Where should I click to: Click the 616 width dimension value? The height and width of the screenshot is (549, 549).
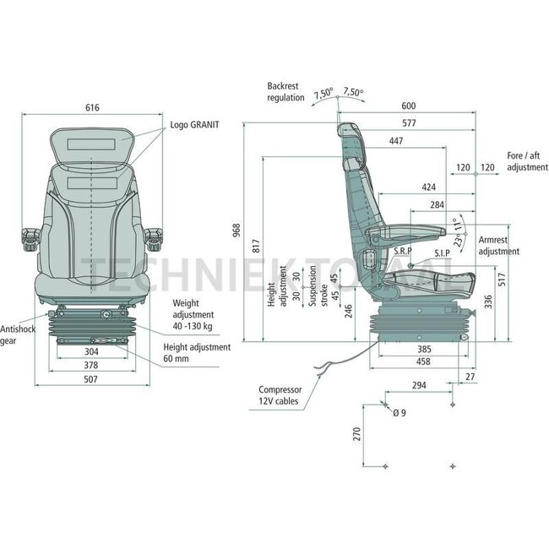92,107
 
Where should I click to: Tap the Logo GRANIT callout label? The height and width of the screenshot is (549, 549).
193,124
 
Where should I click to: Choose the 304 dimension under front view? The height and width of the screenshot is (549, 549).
92,351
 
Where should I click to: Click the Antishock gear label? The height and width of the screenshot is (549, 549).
18,335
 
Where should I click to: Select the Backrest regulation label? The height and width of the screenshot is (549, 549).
285,92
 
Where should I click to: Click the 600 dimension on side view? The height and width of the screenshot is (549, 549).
408,106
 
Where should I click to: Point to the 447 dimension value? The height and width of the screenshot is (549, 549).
395,142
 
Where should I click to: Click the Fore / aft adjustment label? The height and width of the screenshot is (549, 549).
528,161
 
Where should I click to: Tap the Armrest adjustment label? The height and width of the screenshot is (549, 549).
499,246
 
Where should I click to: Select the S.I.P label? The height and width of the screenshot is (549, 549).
442,253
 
